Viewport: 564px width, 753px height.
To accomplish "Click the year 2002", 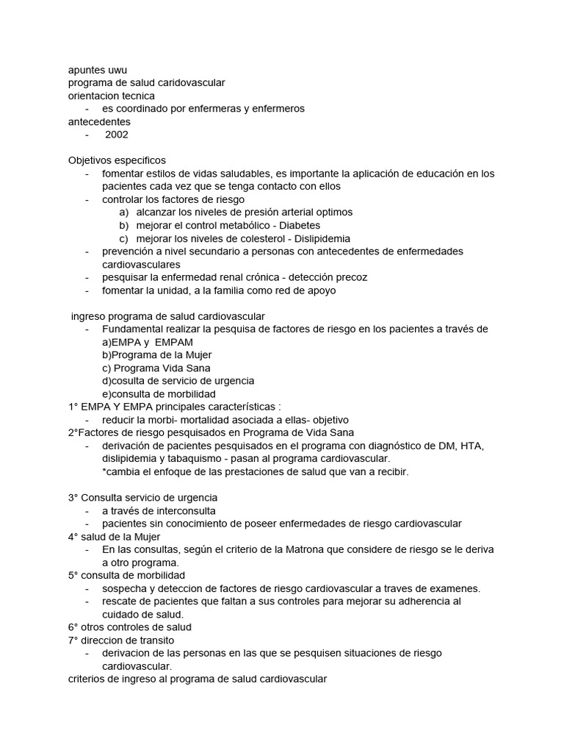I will (117, 135).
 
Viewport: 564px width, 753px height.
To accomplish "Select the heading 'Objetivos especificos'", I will (117, 160).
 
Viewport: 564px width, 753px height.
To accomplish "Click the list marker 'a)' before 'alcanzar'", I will (123, 212).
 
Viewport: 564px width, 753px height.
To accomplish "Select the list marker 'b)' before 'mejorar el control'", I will (123, 225).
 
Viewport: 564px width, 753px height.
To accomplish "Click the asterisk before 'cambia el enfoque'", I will (104, 471).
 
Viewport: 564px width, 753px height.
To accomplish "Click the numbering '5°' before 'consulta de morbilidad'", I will (73, 575).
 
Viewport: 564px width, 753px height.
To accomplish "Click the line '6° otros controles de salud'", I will (129, 627).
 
